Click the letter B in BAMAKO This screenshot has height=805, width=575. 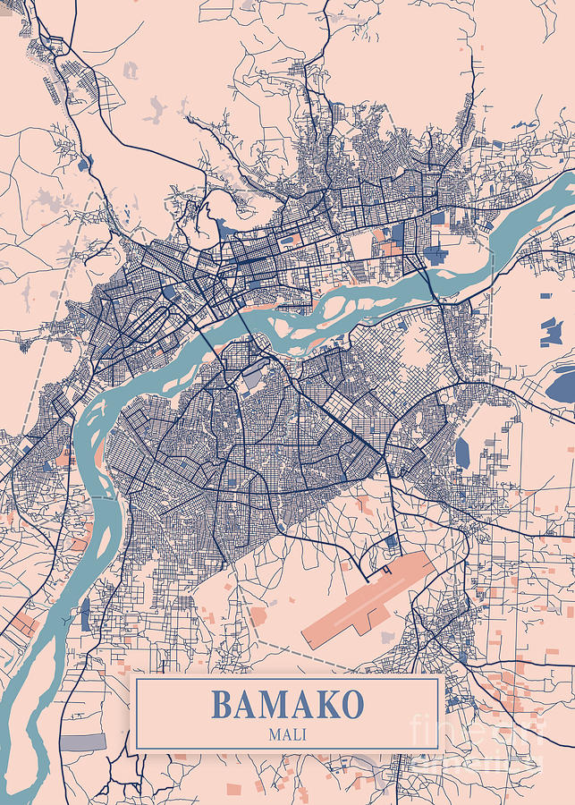[222, 706]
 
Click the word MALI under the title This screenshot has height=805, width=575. [286, 734]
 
